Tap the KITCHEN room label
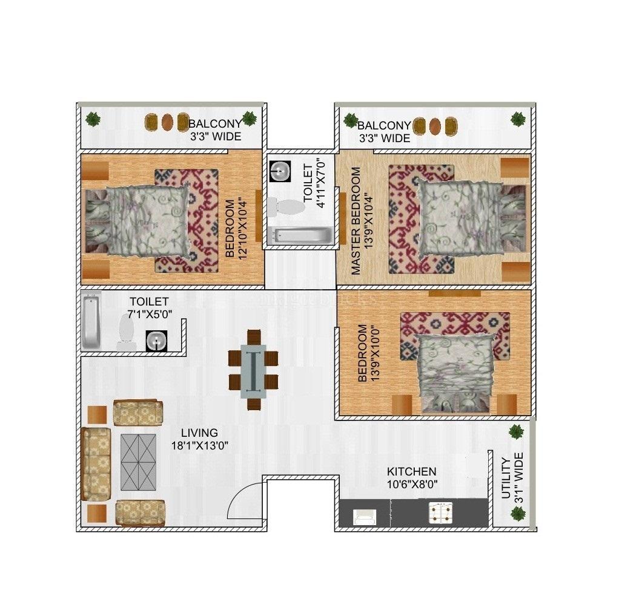click(411, 472)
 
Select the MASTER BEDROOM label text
click(356, 221)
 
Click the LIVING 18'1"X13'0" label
click(200, 439)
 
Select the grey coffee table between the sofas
click(138, 462)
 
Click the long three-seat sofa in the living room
click(96, 464)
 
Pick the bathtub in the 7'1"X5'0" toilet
click(91, 320)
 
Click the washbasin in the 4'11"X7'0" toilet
click(280, 171)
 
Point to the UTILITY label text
click(506, 479)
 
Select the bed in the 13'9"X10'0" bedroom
click(455, 372)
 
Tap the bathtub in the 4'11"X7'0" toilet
click(302, 236)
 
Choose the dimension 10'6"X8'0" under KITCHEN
click(412, 485)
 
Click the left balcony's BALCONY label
click(216, 123)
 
